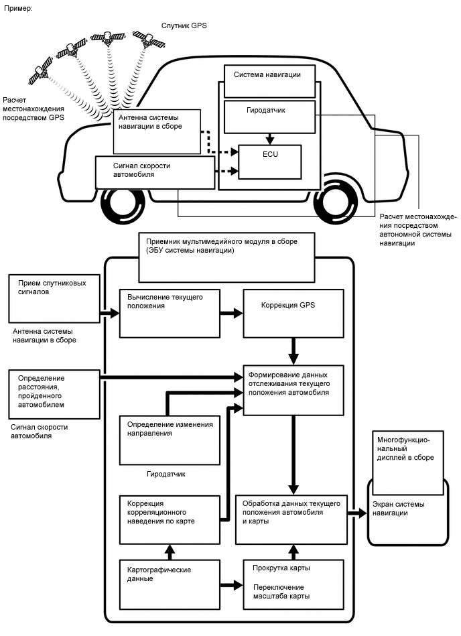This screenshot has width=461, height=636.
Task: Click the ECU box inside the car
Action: point(270,162)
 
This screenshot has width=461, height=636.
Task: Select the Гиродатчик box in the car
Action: point(270,117)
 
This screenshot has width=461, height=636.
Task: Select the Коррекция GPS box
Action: point(293,313)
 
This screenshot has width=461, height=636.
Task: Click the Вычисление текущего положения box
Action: point(170,313)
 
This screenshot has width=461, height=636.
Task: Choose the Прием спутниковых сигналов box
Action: point(53,298)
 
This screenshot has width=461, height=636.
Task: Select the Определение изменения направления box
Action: point(170,440)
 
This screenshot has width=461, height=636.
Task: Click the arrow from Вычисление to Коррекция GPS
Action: point(231,313)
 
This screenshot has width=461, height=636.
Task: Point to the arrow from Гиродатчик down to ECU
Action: point(270,139)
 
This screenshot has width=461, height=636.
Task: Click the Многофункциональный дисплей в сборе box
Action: point(407,462)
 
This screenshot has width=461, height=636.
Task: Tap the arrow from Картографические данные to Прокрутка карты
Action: point(231,584)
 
